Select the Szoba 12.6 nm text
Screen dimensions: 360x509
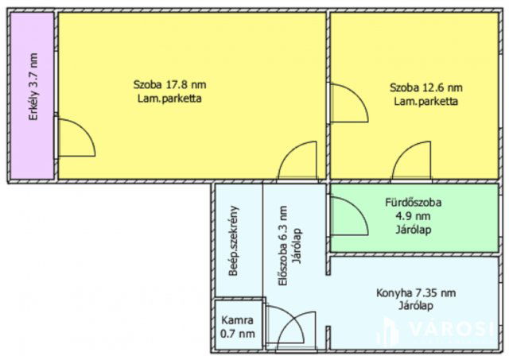point(426,88)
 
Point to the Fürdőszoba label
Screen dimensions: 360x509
point(412,203)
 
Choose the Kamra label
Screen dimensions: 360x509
point(238,322)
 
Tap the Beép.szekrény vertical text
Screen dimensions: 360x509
point(235,241)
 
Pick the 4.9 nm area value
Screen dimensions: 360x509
point(412,217)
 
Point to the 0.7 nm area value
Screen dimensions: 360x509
point(238,335)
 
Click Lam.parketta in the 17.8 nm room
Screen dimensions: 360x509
point(169,100)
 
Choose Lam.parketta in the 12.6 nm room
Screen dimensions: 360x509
point(426,102)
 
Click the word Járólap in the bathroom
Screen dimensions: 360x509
point(412,230)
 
